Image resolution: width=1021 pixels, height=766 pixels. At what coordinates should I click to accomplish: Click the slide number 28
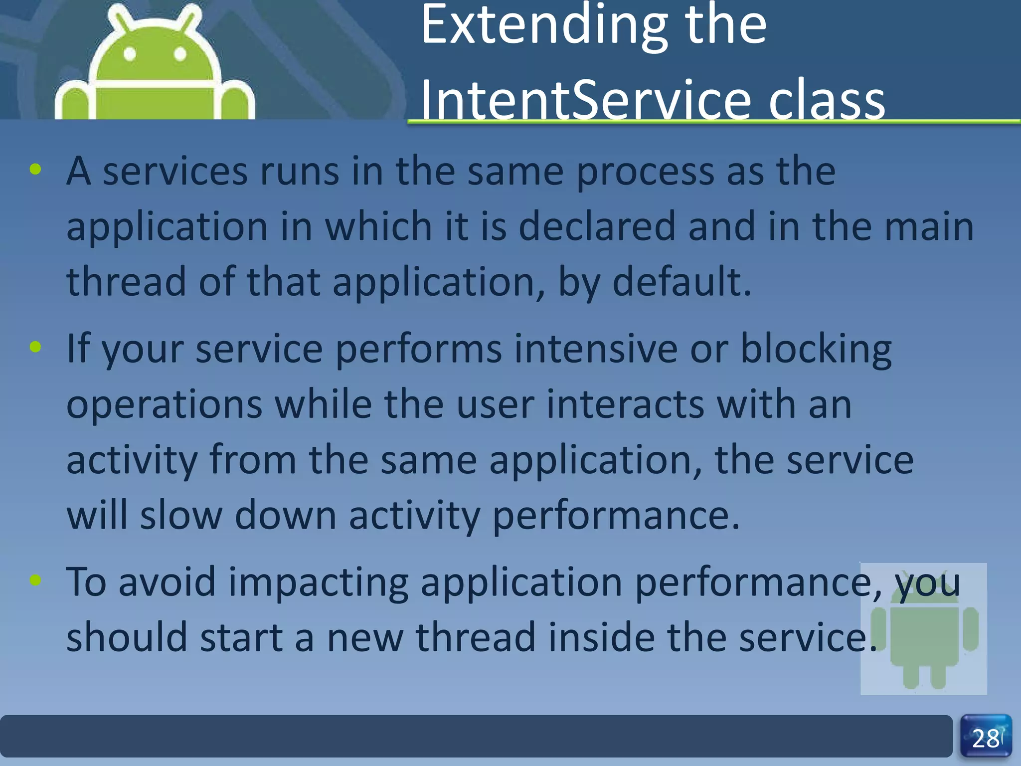click(986, 739)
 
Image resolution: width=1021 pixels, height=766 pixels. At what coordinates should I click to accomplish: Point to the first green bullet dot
click(35, 170)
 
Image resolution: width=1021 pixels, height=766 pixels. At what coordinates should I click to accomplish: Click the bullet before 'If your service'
click(35, 347)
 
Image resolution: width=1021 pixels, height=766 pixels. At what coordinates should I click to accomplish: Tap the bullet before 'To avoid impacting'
click(35, 579)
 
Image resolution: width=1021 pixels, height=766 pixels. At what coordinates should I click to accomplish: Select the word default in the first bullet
click(681, 282)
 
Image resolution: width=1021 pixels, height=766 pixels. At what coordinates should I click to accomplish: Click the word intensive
click(596, 349)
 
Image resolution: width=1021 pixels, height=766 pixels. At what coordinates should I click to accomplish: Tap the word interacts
click(625, 404)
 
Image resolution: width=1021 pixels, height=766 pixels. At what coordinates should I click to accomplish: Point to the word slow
click(181, 515)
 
